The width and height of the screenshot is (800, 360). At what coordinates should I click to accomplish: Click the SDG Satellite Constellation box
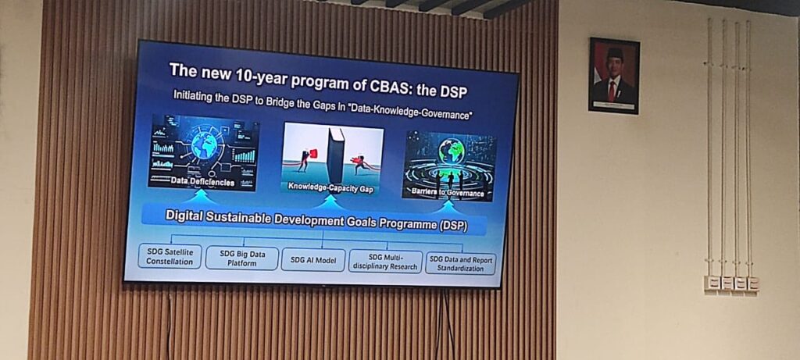coord(170,256)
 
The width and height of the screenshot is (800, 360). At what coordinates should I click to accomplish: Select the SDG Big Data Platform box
coord(242,258)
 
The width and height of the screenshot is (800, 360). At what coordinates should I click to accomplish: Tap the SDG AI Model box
coord(313,259)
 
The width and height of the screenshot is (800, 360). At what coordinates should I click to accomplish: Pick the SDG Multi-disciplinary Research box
coord(385,262)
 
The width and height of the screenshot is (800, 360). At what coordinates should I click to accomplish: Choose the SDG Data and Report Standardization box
coord(461,264)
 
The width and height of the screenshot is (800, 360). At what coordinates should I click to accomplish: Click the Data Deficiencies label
coord(202,181)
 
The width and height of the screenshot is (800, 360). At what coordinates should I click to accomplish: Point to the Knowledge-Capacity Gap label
coord(330,187)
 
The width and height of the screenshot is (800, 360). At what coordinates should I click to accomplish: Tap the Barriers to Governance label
coord(443,193)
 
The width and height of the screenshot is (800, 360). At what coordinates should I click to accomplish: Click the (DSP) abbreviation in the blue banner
coord(452,225)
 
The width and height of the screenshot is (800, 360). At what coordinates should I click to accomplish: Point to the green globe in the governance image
coord(452,151)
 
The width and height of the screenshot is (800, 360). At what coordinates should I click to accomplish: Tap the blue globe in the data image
coord(204,146)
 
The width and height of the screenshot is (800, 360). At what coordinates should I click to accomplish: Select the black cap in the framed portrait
coord(614,52)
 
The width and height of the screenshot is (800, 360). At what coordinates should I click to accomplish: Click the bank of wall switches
coord(731,283)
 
